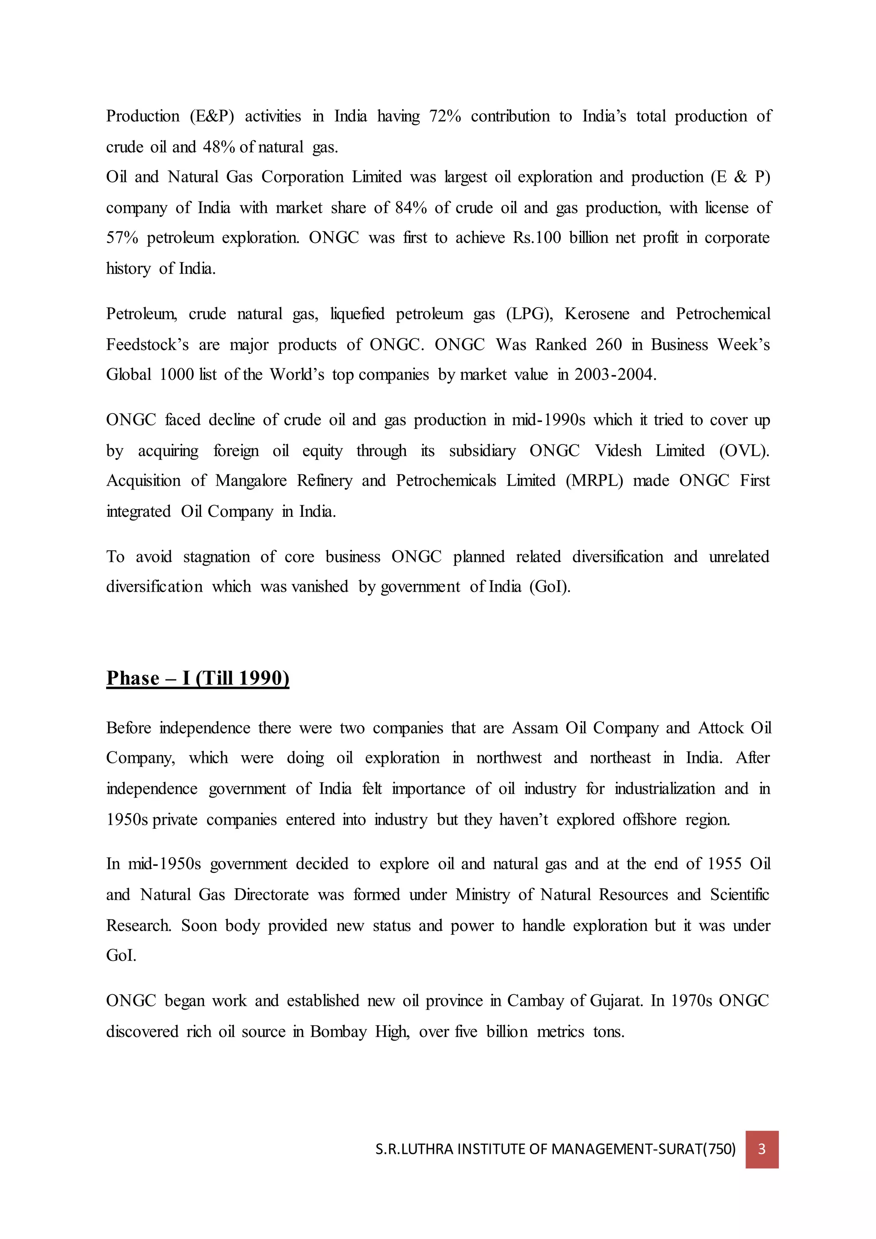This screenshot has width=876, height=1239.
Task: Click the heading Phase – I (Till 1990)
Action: (198, 678)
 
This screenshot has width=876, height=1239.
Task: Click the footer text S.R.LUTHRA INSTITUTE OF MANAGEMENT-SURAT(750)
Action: (555, 1150)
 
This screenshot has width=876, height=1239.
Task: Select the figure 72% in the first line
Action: (444, 116)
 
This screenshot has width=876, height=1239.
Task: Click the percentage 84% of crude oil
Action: (411, 208)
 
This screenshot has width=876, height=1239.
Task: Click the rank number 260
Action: (609, 344)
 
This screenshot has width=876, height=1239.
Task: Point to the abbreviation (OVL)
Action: (744, 451)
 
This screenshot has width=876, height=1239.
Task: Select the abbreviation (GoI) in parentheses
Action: (550, 587)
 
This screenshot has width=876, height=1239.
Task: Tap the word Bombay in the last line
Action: (338, 1032)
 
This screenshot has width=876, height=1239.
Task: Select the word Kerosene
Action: (597, 314)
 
